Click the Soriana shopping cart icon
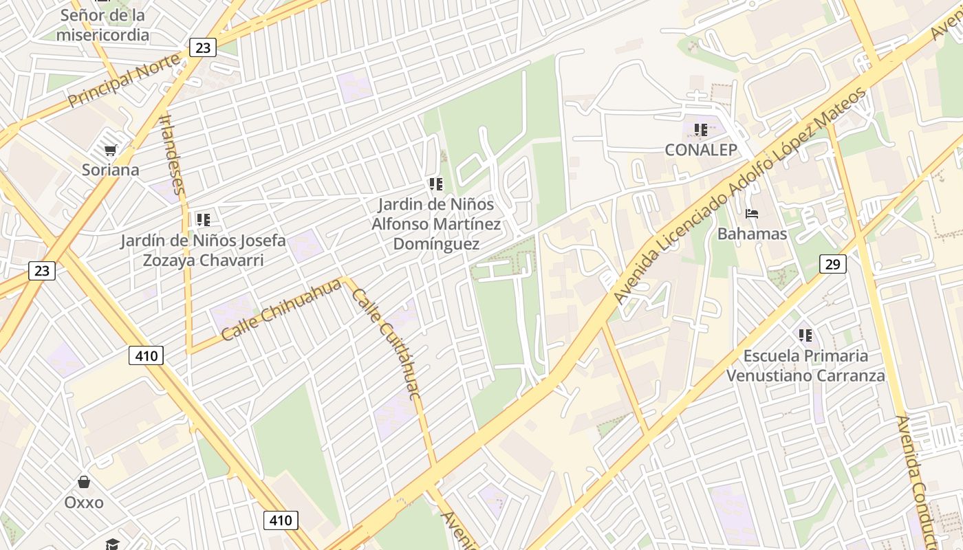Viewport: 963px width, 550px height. pyautogui.click(x=110, y=150)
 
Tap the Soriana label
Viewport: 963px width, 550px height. pyautogui.click(x=110, y=170)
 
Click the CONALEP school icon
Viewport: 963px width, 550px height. pyautogui.click(x=701, y=129)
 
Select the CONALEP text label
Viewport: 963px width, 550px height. pyautogui.click(x=701, y=150)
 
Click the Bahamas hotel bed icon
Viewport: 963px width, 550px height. pyautogui.click(x=752, y=214)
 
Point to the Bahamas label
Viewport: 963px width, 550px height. pyautogui.click(x=752, y=234)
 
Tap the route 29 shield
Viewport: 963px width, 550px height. pyautogui.click(x=832, y=263)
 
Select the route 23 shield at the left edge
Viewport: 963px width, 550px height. pyautogui.click(x=42, y=270)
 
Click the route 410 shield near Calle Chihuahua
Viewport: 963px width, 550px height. pyautogui.click(x=146, y=355)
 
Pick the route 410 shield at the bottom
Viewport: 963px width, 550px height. pyautogui.click(x=281, y=520)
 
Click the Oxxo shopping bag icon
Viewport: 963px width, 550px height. pyautogui.click(x=84, y=482)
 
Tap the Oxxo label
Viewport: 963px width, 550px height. pyautogui.click(x=84, y=503)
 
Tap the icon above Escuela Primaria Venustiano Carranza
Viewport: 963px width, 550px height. pyautogui.click(x=805, y=335)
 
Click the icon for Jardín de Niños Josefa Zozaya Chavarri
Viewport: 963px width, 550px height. pyautogui.click(x=203, y=220)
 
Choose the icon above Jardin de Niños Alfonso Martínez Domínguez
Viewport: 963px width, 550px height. pyautogui.click(x=435, y=184)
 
